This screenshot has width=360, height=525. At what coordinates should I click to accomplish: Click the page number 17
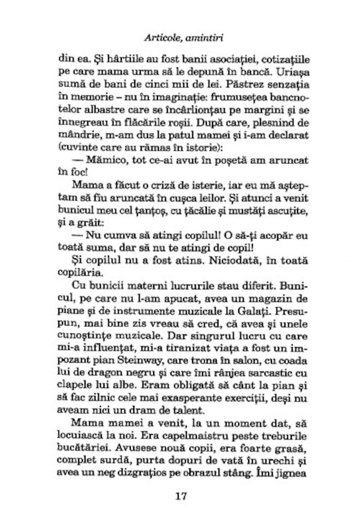[x=180, y=495]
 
